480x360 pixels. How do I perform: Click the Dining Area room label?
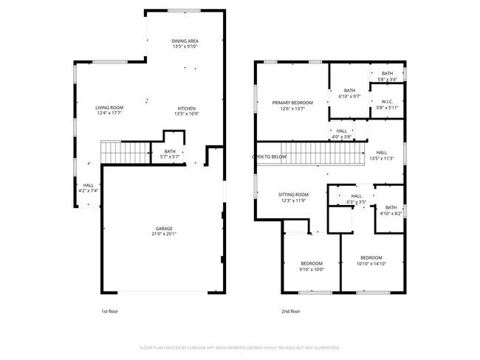pyautogui.click(x=185, y=41)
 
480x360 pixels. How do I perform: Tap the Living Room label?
pyautogui.click(x=109, y=108)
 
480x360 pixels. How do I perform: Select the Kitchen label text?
pyautogui.click(x=185, y=108)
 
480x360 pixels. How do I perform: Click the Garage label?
pyautogui.click(x=163, y=229)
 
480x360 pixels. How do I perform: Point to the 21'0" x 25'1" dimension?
pyautogui.click(x=163, y=234)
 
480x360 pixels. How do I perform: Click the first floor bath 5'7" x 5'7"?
pyautogui.click(x=171, y=153)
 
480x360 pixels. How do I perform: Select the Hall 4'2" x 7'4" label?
pyautogui.click(x=88, y=187)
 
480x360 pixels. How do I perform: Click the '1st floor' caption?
pyautogui.click(x=109, y=311)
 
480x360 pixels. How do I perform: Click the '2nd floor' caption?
pyautogui.click(x=291, y=311)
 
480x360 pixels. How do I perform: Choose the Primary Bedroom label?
pyautogui.click(x=292, y=103)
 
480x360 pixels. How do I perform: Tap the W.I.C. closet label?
pyautogui.click(x=387, y=101)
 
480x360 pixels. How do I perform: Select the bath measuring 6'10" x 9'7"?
pyautogui.click(x=349, y=93)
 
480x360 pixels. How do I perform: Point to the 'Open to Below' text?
pyautogui.click(x=270, y=156)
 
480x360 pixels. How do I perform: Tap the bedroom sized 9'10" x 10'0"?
pyautogui.click(x=312, y=266)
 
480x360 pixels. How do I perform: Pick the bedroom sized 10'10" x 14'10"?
pyautogui.click(x=370, y=260)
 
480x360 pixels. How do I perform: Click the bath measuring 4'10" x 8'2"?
pyautogui.click(x=391, y=210)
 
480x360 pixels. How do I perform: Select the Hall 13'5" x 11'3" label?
pyautogui.click(x=381, y=154)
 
